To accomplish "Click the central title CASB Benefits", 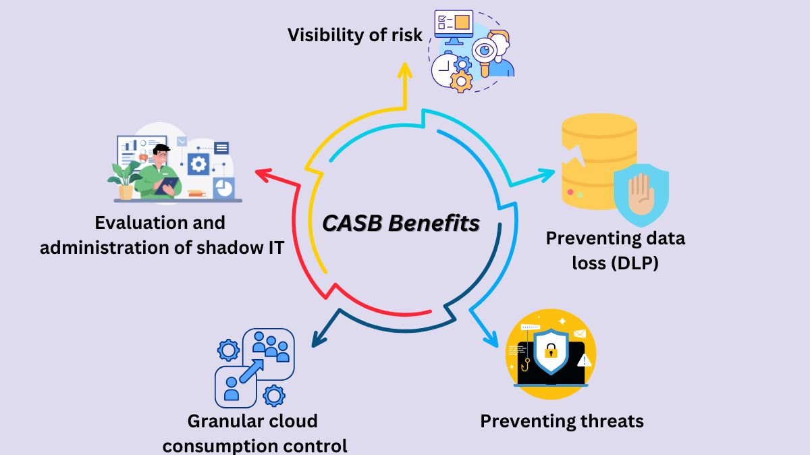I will (400, 223).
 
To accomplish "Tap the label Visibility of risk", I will (355, 35).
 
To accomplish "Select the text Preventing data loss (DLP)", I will (615, 250).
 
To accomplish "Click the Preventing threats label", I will (562, 421).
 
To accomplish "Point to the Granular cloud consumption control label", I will (254, 433).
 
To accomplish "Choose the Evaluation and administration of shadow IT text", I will (161, 234).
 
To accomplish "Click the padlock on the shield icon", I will (551, 352).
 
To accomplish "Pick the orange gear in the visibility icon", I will (462, 82).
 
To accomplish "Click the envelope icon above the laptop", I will (579, 333).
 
